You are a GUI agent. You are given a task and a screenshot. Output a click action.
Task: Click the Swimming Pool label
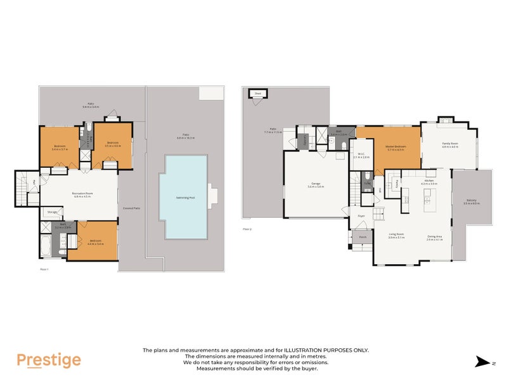(185, 198)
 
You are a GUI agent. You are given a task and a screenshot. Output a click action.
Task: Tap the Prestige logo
(49, 360)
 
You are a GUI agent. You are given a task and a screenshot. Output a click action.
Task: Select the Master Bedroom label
(396, 148)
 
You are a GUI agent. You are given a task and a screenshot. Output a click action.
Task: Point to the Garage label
(316, 184)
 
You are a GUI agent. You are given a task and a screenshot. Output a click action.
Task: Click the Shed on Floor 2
(258, 93)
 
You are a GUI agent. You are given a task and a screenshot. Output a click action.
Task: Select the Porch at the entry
(363, 239)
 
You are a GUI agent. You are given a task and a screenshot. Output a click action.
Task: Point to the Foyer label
(361, 216)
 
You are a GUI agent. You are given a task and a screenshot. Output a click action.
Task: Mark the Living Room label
(397, 236)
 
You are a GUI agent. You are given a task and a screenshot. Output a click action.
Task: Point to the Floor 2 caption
(247, 229)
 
